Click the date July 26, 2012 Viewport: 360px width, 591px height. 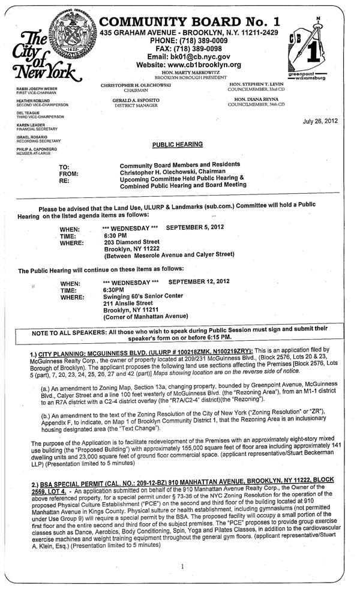320,121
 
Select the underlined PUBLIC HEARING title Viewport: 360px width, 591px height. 177,145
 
